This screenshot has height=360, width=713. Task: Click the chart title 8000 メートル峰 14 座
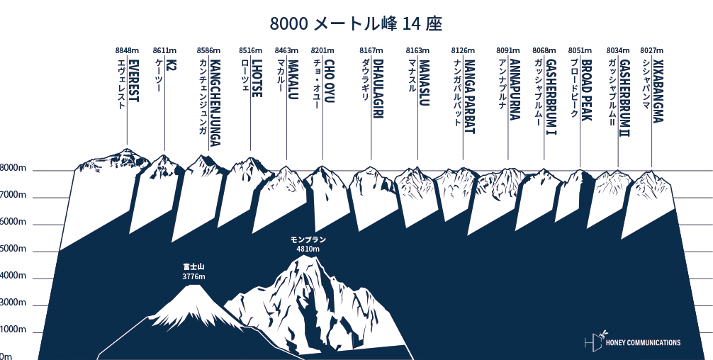[x=356, y=23]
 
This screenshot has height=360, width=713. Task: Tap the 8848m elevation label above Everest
[x=127, y=50]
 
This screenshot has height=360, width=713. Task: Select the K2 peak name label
[x=171, y=68]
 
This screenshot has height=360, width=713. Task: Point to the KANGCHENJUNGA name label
[x=215, y=103]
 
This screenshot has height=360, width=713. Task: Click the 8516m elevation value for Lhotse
[x=249, y=50]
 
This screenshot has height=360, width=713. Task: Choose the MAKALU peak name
[x=293, y=79]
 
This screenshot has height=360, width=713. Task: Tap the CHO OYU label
[x=329, y=81]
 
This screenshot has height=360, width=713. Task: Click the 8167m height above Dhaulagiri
[x=371, y=50]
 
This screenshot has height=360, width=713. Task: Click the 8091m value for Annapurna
[x=509, y=50]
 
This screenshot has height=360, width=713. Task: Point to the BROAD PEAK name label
[x=586, y=89]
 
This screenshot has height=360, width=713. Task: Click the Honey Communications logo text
[x=643, y=342]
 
